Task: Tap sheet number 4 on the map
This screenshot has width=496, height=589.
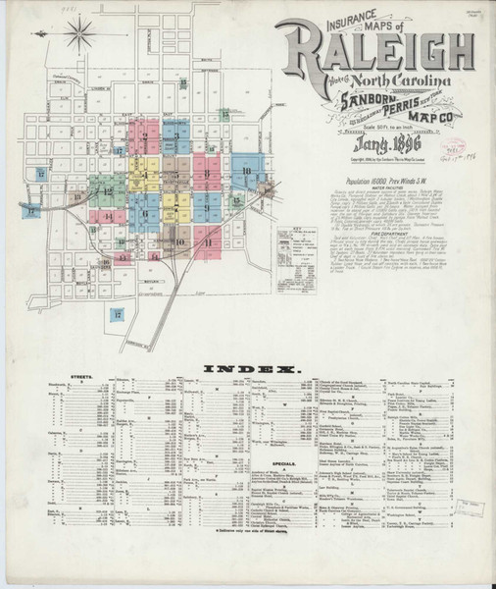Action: (144, 176)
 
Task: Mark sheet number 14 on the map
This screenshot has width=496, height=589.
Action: (108, 216)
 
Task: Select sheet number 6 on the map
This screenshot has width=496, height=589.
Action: (144, 213)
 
